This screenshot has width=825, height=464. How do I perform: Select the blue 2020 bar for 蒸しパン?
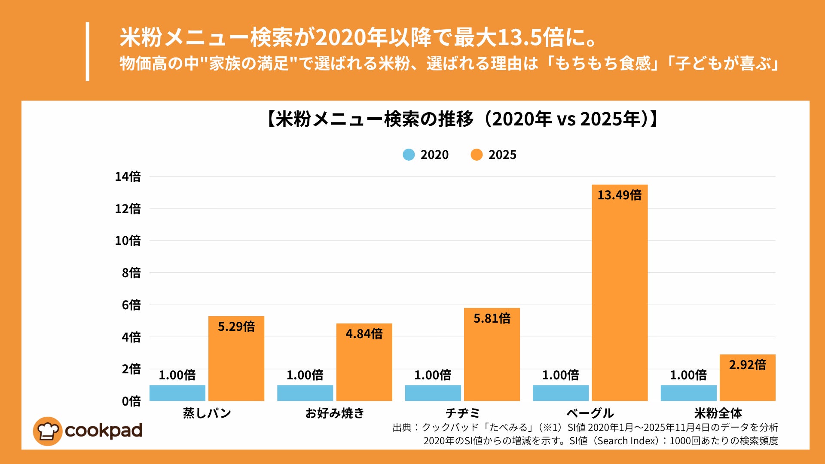pos(177,393)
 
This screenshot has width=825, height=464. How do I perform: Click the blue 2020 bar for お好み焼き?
pos(305,393)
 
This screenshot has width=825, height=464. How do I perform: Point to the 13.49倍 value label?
pos(619,195)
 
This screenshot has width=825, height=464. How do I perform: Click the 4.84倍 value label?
pos(364,334)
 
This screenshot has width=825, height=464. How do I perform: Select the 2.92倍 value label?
pos(747,365)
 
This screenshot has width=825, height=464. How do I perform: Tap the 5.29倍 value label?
pos(236,327)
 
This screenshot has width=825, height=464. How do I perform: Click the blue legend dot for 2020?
pos(409,155)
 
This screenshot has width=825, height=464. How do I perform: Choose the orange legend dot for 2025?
pos(477,155)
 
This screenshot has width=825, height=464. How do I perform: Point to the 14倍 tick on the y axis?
pos(128,177)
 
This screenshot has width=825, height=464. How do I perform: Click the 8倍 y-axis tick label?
pos(131,273)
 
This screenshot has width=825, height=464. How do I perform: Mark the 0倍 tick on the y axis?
pos(131,401)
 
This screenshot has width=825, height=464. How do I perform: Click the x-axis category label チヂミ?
pos(462,413)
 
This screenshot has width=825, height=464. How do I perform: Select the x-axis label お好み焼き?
pos(335,413)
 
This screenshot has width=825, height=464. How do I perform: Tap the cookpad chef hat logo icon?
pos(47,431)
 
